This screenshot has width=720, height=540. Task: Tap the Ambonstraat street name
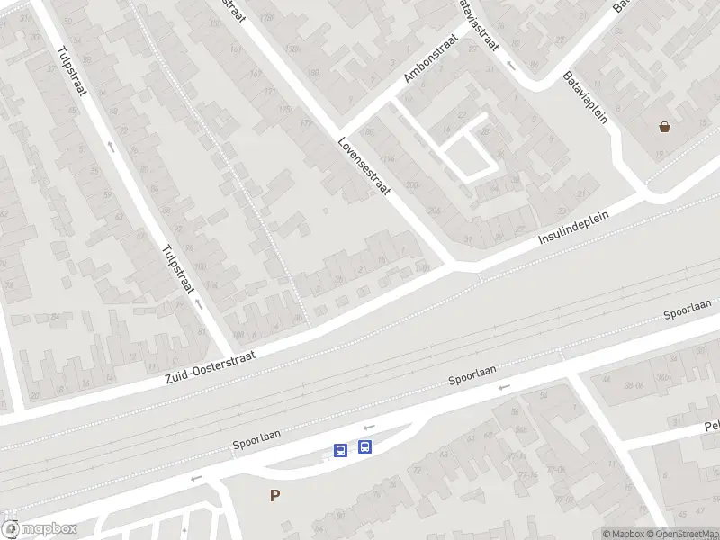[431, 56]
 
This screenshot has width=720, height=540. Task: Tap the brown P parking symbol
[274, 495]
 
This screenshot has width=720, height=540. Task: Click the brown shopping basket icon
[665, 128]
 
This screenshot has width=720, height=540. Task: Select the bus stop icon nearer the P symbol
[340, 450]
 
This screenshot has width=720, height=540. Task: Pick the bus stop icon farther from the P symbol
[364, 446]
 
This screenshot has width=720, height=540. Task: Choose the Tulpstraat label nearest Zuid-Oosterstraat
[177, 269]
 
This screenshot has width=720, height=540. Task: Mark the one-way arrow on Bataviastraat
[510, 65]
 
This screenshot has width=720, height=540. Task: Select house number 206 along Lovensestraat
[433, 211]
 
